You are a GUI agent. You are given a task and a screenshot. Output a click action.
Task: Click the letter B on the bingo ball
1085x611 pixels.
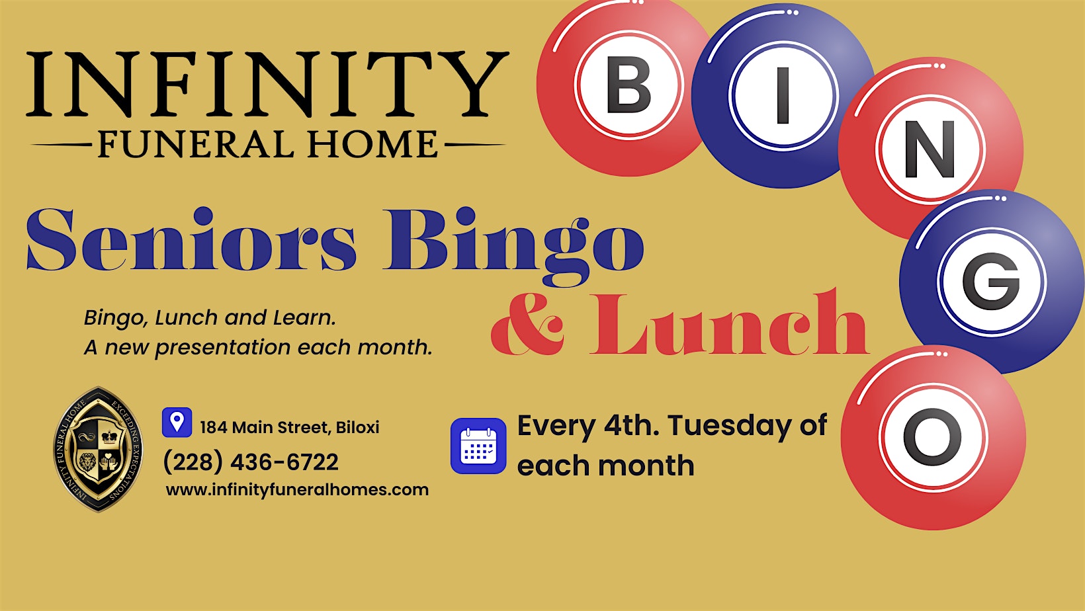(628, 85)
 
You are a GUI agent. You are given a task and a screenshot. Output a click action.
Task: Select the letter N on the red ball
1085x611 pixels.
(930, 150)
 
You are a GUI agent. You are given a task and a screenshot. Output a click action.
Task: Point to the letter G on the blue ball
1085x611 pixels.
(990, 282)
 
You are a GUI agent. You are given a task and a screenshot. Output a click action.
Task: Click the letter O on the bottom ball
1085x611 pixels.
(932, 437)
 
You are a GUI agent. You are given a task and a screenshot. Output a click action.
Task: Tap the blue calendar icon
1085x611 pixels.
(478, 446)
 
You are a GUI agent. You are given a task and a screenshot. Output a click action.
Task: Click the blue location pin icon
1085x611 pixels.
(177, 422)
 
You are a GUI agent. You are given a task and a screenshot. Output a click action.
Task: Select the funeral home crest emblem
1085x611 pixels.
(98, 449)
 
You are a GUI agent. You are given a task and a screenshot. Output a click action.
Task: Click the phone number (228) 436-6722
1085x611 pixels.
(251, 462)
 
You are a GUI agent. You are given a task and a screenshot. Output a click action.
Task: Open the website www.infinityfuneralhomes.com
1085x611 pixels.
(297, 490)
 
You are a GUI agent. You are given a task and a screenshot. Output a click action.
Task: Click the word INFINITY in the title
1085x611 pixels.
(267, 85)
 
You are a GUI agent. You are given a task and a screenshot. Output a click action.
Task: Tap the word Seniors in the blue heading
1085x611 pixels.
(191, 240)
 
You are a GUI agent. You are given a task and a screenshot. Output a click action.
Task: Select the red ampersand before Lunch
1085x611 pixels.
(528, 324)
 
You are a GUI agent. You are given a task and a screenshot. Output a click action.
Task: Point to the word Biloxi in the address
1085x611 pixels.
(357, 427)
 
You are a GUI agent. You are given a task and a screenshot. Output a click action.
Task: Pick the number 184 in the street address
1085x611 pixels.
(213, 427)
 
